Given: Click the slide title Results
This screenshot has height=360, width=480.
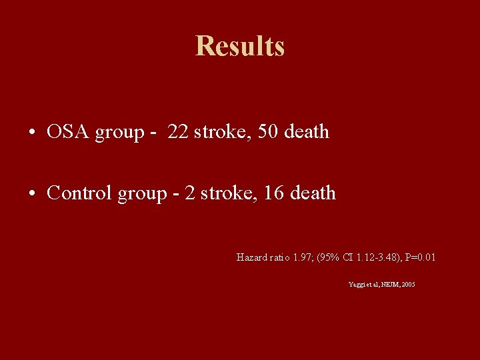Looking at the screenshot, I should (x=240, y=47).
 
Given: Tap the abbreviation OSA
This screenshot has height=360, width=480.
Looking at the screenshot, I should (x=69, y=132).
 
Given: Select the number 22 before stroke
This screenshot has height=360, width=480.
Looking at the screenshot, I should (x=178, y=132).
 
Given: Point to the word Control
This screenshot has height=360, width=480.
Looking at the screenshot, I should (x=80, y=193).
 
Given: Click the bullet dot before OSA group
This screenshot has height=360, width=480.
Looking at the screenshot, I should (x=32, y=133).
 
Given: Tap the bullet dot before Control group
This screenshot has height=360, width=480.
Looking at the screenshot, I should (x=32, y=194).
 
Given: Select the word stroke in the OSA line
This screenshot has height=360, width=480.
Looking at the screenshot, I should (x=217, y=132).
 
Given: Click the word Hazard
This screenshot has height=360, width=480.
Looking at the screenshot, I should (x=251, y=257).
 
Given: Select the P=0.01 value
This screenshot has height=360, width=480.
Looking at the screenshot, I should (x=421, y=257).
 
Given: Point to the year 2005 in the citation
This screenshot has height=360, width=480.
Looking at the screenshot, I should (x=408, y=285).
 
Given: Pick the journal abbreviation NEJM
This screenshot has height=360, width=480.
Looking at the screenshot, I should (x=388, y=285).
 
